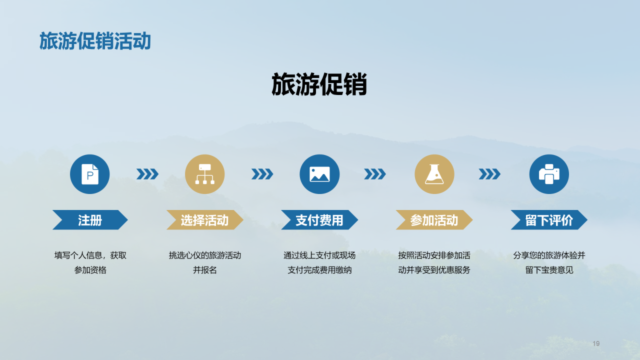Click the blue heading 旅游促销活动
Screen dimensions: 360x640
[95, 41]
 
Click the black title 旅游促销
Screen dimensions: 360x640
[319, 84]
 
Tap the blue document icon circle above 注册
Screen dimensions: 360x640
[90, 174]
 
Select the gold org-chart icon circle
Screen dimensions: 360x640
[204, 174]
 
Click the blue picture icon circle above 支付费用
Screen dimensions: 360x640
[319, 174]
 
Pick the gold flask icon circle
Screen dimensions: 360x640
[434, 174]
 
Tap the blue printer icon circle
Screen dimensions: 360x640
[549, 174]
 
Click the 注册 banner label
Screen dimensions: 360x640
[90, 220]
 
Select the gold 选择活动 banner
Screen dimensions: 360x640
[204, 220]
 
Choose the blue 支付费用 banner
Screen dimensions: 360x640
[319, 220]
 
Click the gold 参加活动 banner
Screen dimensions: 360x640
[434, 220]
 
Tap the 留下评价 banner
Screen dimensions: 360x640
[549, 220]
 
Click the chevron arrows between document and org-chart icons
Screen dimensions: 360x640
[147, 174]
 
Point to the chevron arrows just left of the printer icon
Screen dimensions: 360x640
[489, 174]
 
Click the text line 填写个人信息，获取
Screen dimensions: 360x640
[90, 255]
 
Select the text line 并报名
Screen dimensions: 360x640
[204, 270]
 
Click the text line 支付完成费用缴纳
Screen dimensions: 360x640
[319, 270]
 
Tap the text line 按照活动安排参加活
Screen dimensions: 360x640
[434, 255]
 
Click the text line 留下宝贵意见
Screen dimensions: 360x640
[549, 270]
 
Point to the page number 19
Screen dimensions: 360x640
[596, 343]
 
